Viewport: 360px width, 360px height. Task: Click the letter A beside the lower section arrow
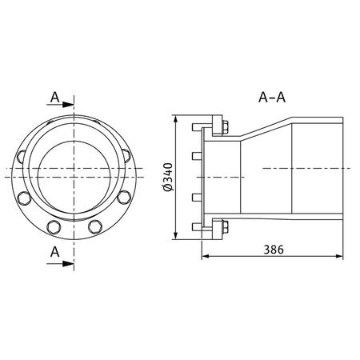click(54, 250)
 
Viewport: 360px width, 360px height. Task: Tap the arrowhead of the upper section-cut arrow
click(70, 104)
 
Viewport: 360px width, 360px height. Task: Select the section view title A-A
click(273, 98)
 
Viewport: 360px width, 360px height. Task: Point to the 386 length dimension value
click(273, 249)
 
